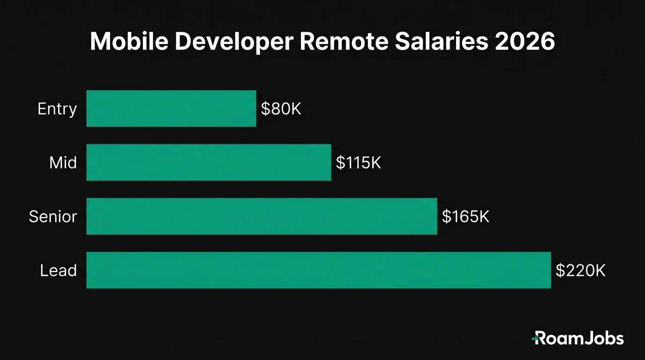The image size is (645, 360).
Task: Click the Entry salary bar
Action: tap(171, 109)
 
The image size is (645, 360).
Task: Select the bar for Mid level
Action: tap(209, 163)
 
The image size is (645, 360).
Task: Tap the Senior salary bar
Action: tap(262, 217)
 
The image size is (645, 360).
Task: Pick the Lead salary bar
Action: tap(318, 270)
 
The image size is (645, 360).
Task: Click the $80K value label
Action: tap(281, 109)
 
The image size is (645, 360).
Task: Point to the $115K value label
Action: tap(359, 163)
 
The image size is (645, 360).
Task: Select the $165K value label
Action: tap(465, 217)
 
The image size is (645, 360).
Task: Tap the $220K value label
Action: tap(580, 270)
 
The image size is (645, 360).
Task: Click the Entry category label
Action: tap(57, 109)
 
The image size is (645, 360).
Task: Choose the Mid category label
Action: tap(63, 163)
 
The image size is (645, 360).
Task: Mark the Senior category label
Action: tap(53, 217)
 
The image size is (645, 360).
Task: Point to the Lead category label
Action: tap(59, 270)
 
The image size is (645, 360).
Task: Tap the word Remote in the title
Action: tap(344, 43)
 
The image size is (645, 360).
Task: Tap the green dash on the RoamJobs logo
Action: tap(535, 337)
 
